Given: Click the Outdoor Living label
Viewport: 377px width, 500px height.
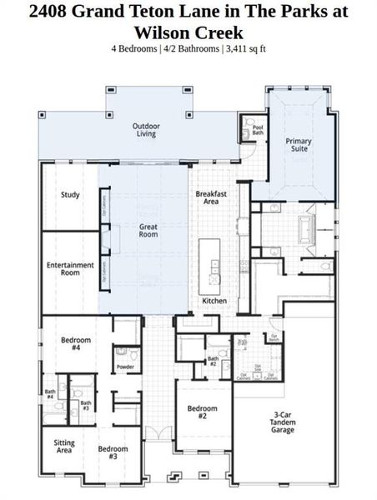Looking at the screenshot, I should (x=145, y=130).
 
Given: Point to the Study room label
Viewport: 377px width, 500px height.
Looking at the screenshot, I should (x=70, y=195).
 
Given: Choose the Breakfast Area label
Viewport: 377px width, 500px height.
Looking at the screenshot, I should (x=212, y=197).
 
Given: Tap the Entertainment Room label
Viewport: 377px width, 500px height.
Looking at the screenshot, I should (x=70, y=268).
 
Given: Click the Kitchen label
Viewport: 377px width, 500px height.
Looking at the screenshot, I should (x=214, y=300).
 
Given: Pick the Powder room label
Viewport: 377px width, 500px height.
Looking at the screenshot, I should (x=125, y=367).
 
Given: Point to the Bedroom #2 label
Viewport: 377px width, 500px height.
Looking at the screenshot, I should (x=202, y=412).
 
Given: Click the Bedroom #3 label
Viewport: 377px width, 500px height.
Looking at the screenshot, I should (x=113, y=453).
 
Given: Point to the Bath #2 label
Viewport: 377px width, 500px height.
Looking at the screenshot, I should (x=213, y=361).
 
